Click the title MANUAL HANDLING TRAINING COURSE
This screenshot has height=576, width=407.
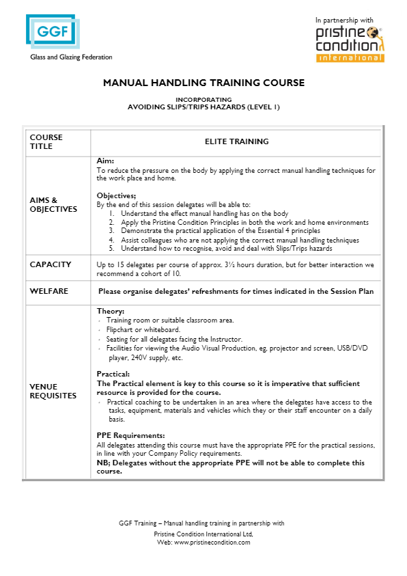tap(203, 83)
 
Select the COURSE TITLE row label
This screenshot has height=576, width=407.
tap(46, 142)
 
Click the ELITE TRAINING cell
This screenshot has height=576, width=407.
tap(236, 142)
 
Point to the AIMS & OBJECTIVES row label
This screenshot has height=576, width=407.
tap(53, 205)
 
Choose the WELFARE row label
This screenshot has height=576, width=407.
tap(48, 291)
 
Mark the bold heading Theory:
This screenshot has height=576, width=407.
tap(111, 312)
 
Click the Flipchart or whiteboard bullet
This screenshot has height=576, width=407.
tap(143, 329)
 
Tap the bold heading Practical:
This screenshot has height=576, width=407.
tap(113, 374)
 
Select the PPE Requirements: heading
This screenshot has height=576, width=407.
tap(130, 435)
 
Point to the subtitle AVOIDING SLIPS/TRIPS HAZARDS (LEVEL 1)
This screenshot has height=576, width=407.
tap(203, 107)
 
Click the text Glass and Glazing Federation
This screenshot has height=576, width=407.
tap(71, 57)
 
